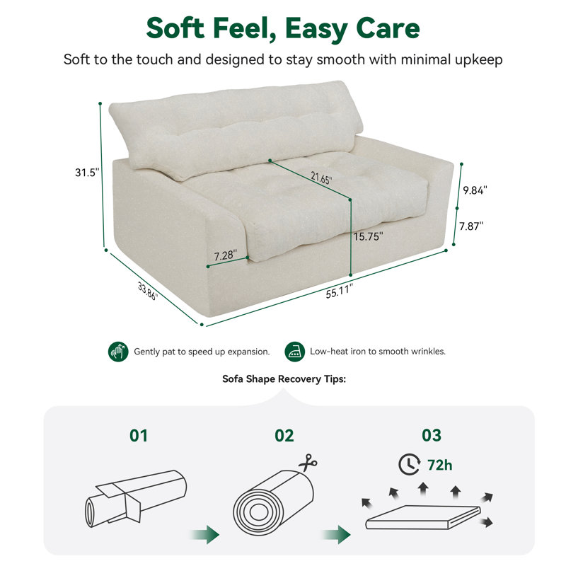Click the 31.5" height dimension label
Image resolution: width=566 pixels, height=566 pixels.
[87, 173]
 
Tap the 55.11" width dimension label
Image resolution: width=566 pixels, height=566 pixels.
[339, 291]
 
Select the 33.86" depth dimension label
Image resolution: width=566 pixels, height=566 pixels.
[148, 291]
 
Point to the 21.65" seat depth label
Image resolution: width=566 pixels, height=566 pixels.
[321, 178]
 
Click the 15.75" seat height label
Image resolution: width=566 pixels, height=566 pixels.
[368, 237]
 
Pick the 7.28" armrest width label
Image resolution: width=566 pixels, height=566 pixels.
[226, 255]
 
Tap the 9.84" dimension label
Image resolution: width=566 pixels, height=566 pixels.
[475, 190]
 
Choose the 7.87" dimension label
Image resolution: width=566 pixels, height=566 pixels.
[471, 226]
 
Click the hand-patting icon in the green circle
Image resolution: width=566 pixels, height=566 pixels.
[118, 352]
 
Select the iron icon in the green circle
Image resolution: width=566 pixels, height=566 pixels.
[294, 352]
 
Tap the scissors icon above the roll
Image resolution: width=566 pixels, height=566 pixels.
[308, 463]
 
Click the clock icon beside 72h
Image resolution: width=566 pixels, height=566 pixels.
[410, 465]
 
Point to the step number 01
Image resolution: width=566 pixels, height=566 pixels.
[139, 436]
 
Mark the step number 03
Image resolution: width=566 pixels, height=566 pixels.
[432, 436]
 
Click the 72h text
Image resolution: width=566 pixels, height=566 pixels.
[439, 466]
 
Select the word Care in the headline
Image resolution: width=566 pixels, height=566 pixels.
[388, 28]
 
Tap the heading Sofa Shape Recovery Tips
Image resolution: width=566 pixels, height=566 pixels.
[284, 379]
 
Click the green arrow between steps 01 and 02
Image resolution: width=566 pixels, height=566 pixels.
[204, 534]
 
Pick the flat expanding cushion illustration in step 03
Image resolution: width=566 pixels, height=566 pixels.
[423, 517]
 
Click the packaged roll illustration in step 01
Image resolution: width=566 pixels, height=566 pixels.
[136, 498]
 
